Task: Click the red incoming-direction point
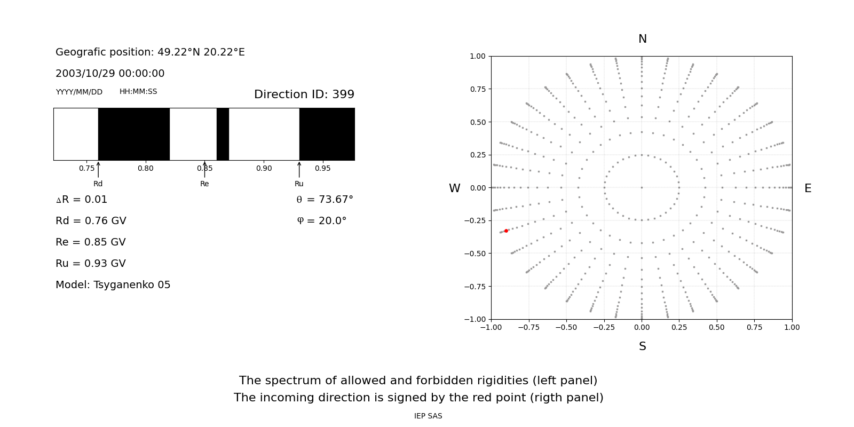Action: [506, 231]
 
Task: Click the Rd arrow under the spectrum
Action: [98, 170]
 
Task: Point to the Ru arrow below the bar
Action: [299, 170]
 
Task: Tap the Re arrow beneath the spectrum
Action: [204, 170]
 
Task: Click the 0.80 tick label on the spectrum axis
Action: [145, 169]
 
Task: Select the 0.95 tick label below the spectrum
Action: [322, 169]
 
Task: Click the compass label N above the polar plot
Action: [643, 39]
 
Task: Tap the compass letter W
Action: [454, 188]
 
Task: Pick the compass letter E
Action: [808, 188]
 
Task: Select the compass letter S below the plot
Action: [643, 346]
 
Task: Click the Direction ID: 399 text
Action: [304, 94]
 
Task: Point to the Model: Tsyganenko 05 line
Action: [113, 285]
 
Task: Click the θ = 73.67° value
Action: [325, 200]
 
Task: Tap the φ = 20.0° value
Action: [321, 221]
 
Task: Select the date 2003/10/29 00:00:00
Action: [110, 74]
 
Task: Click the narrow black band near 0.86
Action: [223, 134]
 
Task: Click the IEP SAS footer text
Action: [428, 416]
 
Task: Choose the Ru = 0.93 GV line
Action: [91, 264]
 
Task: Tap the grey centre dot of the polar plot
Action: [642, 187]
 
